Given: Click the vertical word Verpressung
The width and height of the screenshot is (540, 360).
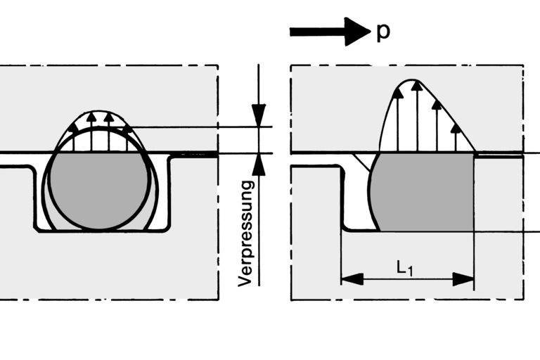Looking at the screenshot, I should [x=245, y=233].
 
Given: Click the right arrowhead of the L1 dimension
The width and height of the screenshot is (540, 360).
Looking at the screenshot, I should [x=463, y=279].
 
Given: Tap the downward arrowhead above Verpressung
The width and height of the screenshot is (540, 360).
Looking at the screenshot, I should [x=259, y=116].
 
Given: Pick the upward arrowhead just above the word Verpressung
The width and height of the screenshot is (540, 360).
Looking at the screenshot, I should [x=259, y=163].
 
